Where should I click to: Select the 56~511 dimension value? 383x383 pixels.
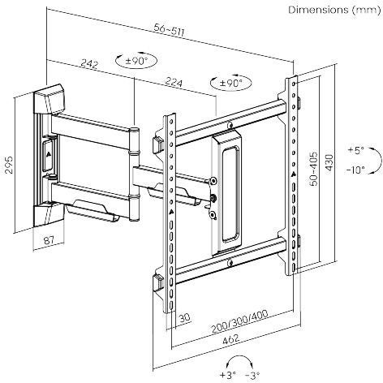tap(171, 30)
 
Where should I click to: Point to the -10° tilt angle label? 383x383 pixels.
tap(354, 170)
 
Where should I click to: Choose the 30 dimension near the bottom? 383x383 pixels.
tap(185, 318)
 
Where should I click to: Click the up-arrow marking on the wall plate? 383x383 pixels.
tap(48, 153)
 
